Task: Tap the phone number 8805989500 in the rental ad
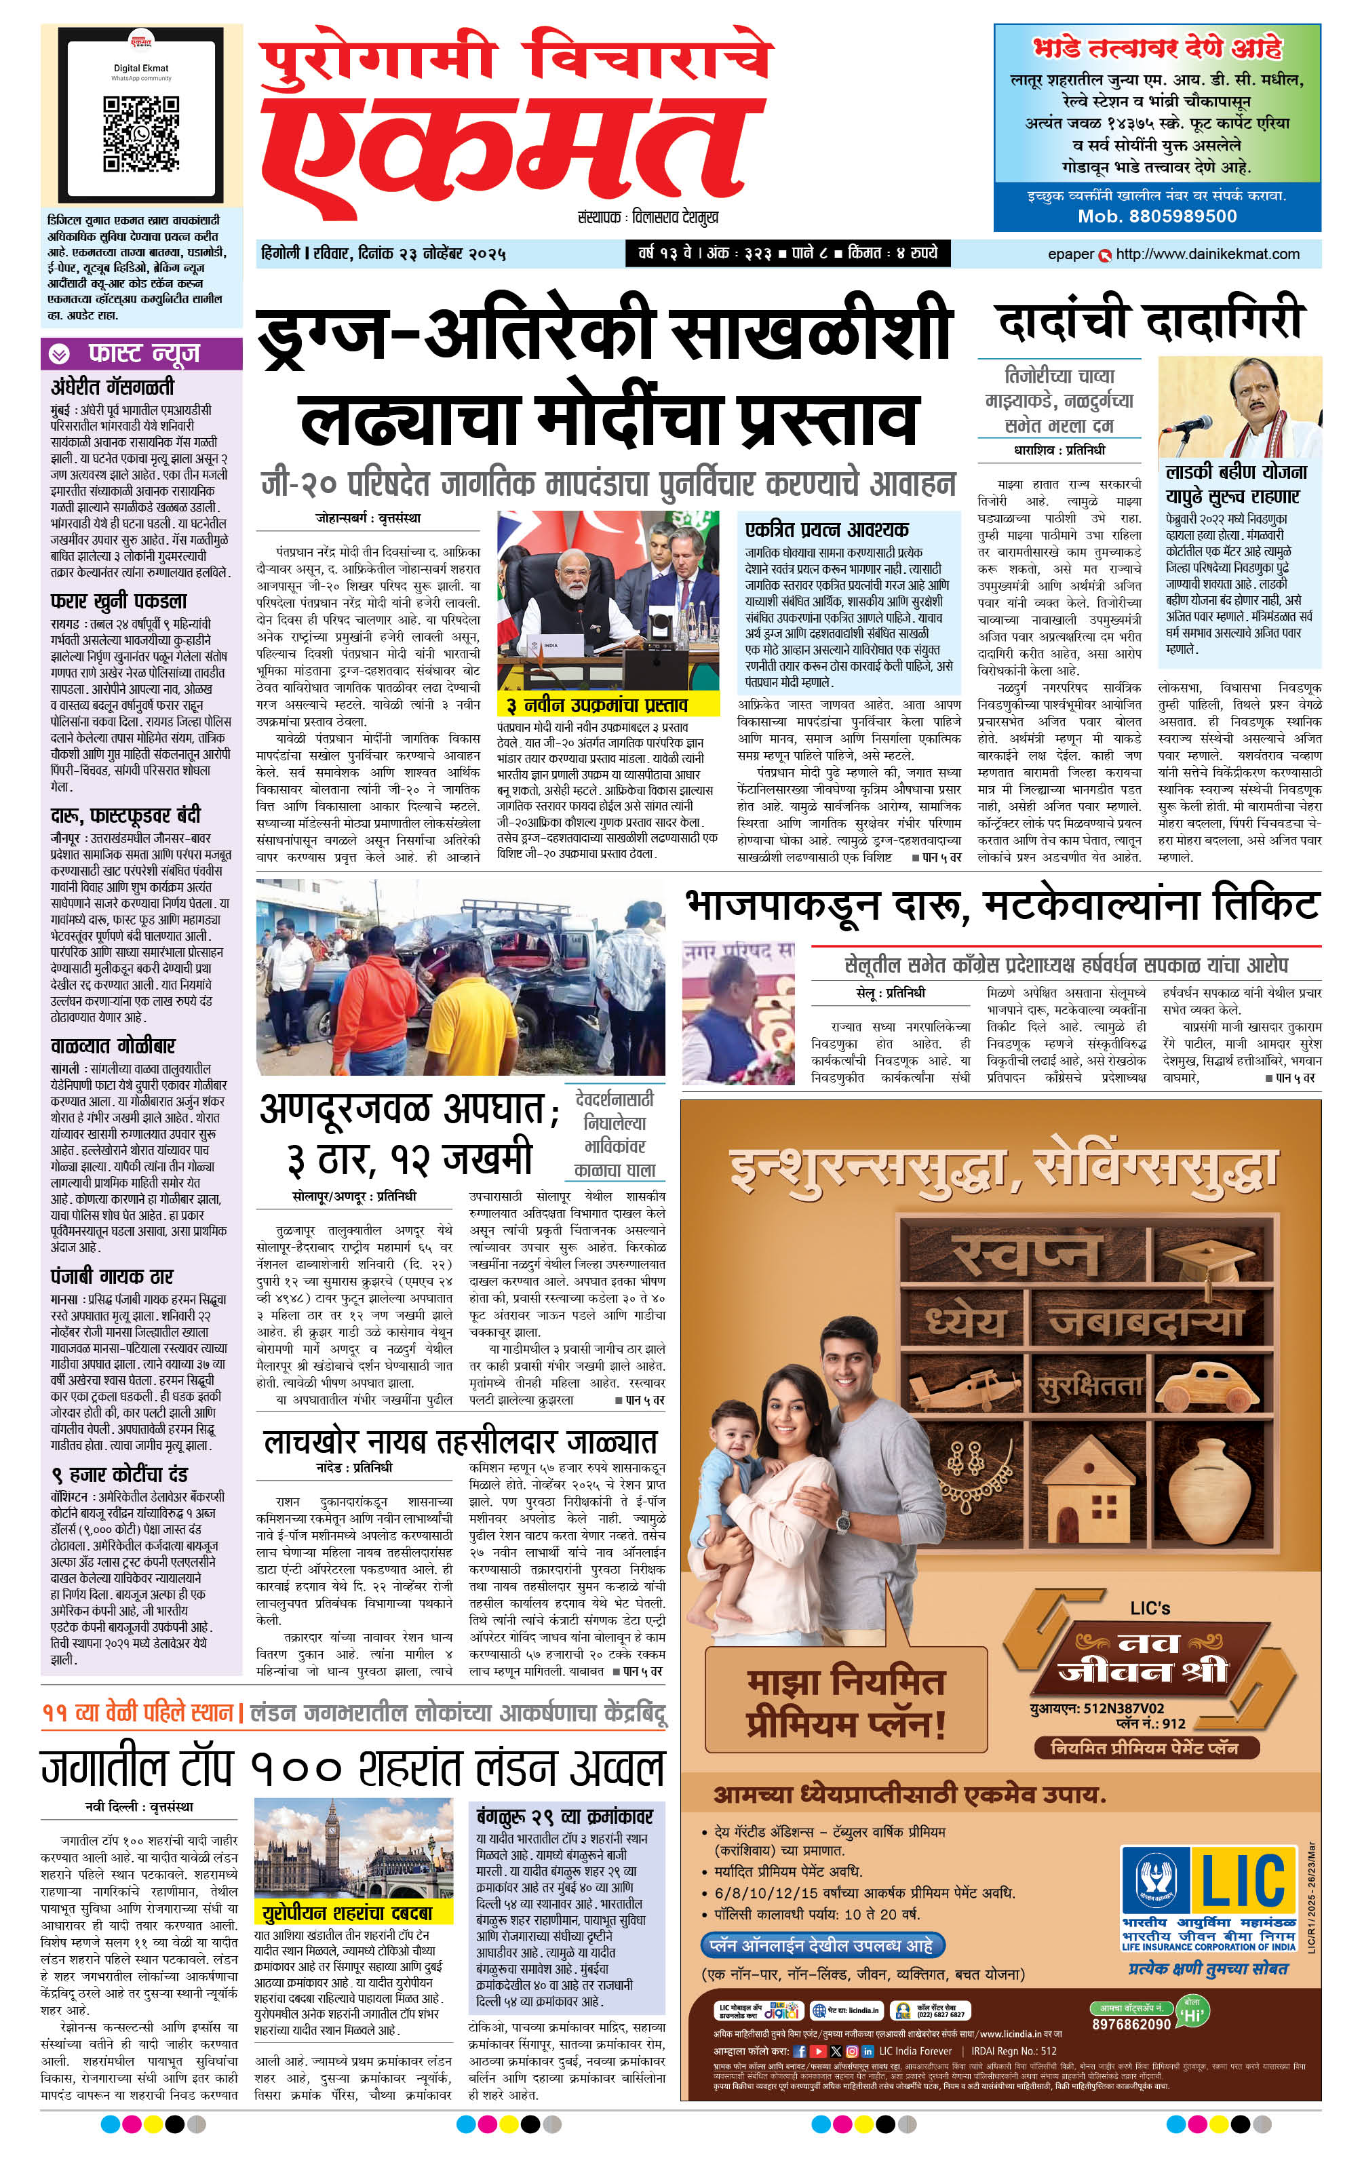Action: point(1157,216)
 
